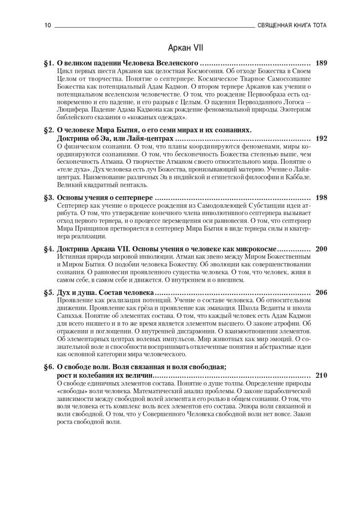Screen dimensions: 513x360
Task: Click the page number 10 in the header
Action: click(x=47, y=25)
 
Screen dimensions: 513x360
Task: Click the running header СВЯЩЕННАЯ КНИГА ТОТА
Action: click(x=292, y=25)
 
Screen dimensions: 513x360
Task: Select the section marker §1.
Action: click(x=49, y=63)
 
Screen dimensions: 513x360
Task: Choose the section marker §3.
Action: click(x=49, y=198)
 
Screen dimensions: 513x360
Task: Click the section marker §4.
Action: click(x=49, y=249)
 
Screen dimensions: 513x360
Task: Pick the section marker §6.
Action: click(x=49, y=366)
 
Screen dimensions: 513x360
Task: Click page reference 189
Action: click(x=321, y=63)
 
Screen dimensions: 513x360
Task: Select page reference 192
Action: click(x=321, y=139)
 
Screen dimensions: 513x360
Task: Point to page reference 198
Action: click(x=321, y=198)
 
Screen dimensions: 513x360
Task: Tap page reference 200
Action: click(x=321, y=249)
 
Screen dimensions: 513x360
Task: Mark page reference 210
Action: click(x=321, y=375)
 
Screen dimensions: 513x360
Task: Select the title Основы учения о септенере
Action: click(x=105, y=198)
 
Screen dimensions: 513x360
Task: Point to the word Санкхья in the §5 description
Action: click(x=69, y=315)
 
